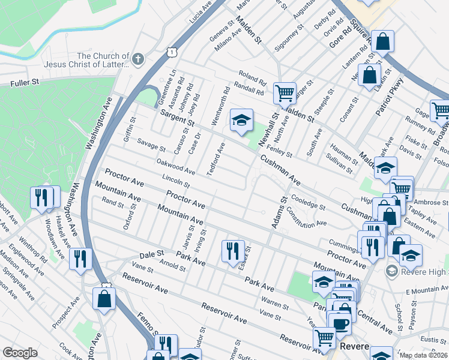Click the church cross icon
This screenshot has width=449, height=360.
point(138,59)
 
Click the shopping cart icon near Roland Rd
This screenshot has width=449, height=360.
point(284,93)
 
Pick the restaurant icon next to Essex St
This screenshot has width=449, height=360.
point(233,250)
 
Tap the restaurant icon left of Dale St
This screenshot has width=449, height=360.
point(80,259)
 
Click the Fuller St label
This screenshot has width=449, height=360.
point(24,83)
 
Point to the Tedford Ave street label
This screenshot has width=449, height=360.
point(216,159)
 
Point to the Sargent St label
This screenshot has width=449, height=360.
point(177,118)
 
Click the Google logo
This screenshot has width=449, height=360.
point(20,353)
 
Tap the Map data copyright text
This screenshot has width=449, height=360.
point(423,355)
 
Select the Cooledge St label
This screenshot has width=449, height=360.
point(308,202)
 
